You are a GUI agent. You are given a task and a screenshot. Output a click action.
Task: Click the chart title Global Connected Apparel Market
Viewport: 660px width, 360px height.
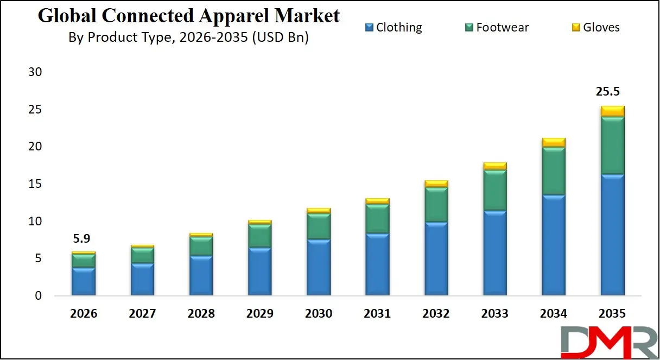pos(188,16)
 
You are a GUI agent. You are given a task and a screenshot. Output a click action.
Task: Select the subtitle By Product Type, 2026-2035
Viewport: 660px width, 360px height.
pos(188,37)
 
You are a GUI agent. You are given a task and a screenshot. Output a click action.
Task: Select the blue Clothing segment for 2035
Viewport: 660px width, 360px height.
pos(612,235)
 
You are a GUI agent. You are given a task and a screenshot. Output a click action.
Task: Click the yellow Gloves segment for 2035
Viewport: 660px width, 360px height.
pos(612,111)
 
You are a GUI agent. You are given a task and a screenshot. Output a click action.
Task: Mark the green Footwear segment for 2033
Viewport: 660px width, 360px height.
pos(494,190)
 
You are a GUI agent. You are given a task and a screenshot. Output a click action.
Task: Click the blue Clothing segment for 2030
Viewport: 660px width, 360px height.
pos(319,267)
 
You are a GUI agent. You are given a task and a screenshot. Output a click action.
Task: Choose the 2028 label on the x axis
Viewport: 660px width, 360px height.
pos(201,314)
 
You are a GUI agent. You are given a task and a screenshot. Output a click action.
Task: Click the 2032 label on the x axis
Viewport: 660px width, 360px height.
pos(436,314)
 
